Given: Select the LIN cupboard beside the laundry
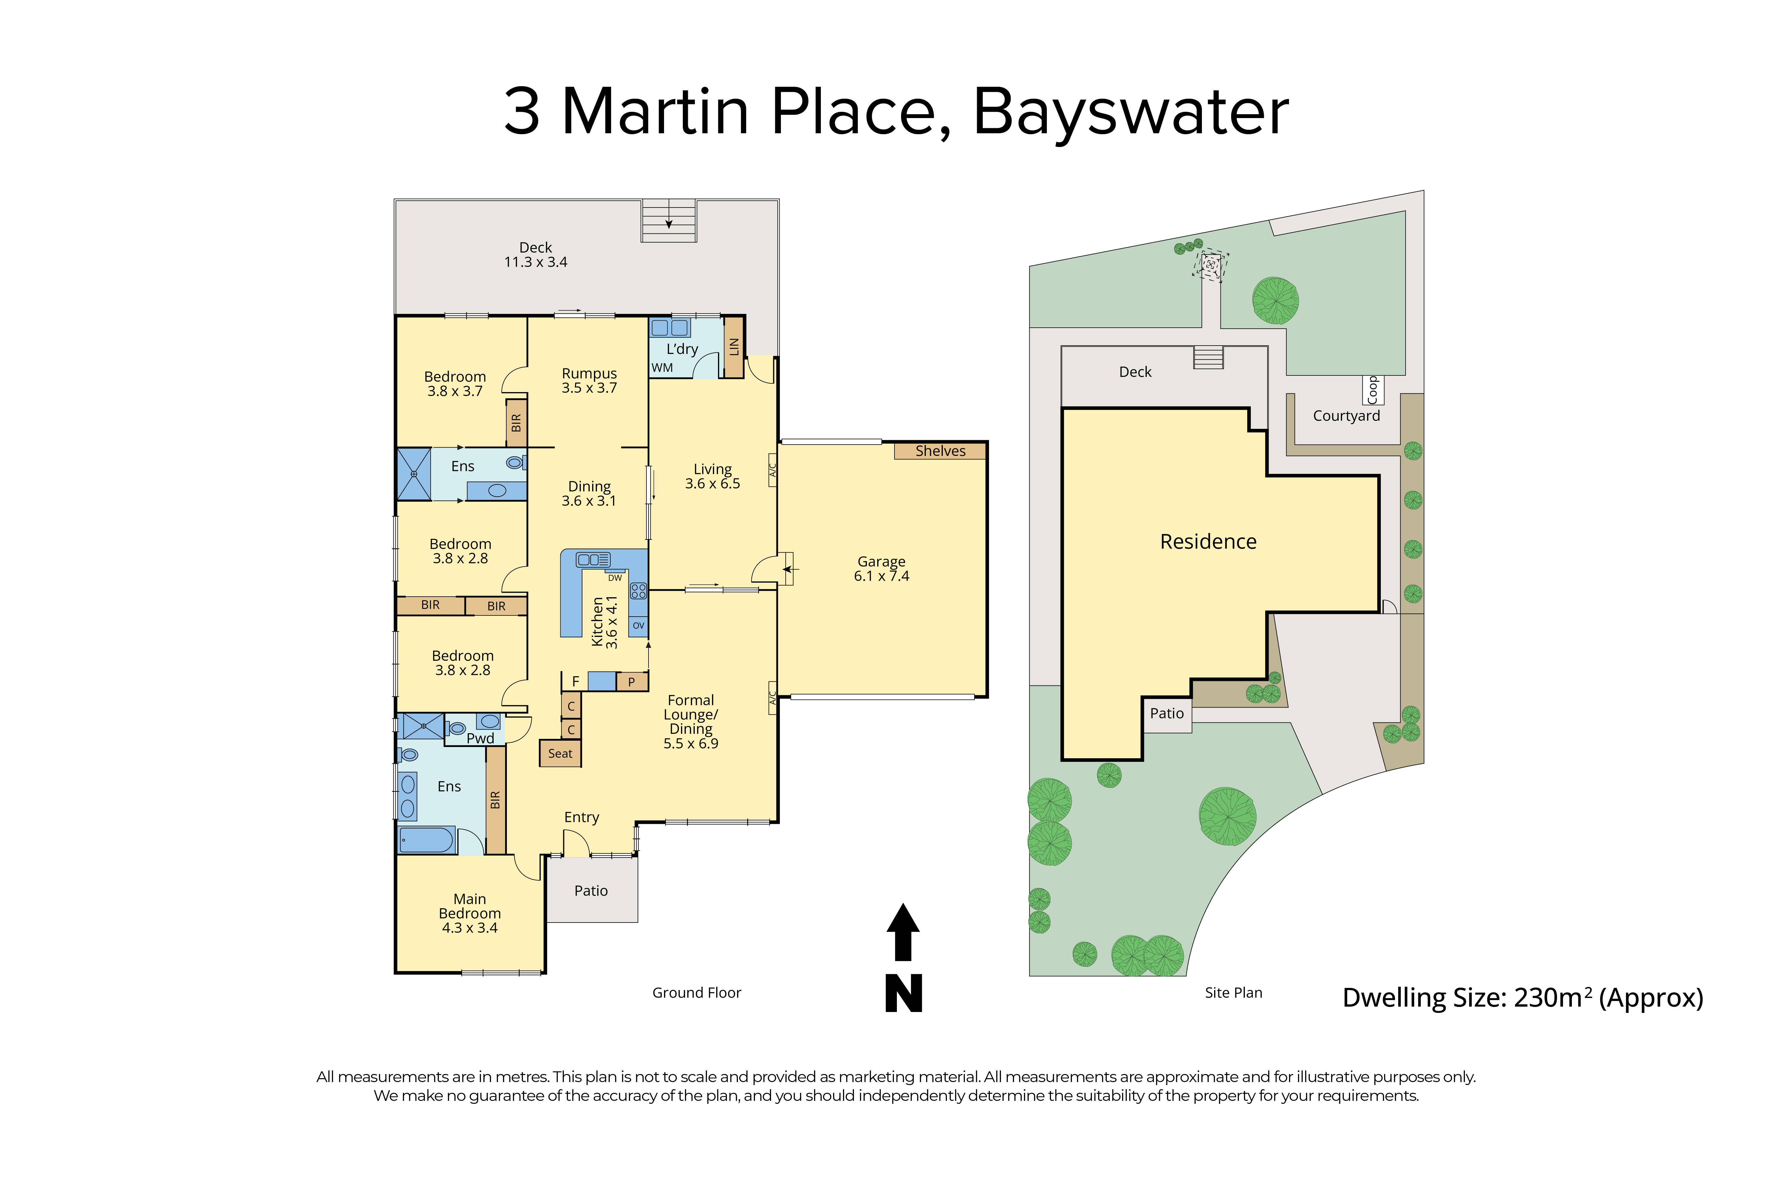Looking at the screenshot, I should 733,347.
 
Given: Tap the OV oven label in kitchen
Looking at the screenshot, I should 638,625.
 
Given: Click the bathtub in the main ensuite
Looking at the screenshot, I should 426,840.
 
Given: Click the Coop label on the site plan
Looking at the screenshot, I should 1372,390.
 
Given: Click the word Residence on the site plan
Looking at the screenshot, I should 1208,542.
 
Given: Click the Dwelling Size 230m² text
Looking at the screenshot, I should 1522,998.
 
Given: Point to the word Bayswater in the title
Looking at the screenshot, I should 1130,112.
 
